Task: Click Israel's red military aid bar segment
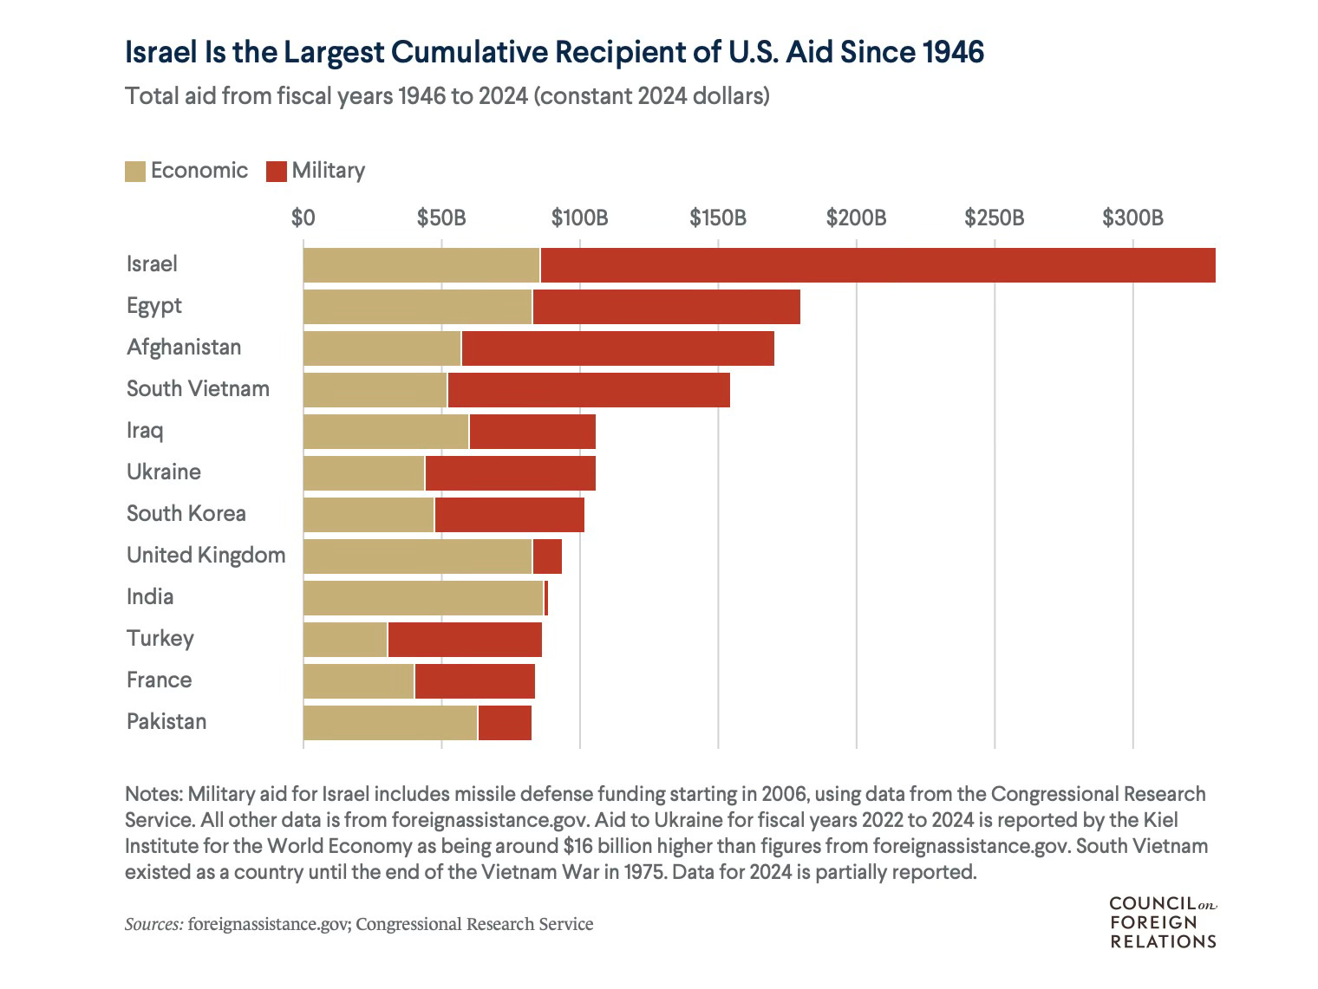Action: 876,265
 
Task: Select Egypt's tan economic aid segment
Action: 417,307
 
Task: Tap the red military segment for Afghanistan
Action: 617,348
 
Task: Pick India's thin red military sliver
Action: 546,598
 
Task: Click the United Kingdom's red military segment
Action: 547,556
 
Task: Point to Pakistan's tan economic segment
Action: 390,723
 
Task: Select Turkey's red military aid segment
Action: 465,640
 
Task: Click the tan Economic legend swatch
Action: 135,171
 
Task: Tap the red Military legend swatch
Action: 277,171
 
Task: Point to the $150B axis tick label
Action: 718,217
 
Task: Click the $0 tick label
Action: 303,217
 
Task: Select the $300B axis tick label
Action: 1132,217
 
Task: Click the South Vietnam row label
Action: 198,388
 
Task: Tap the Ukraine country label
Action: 164,472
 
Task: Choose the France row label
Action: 159,680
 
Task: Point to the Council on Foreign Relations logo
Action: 1163,922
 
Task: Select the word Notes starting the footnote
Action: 153,794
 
